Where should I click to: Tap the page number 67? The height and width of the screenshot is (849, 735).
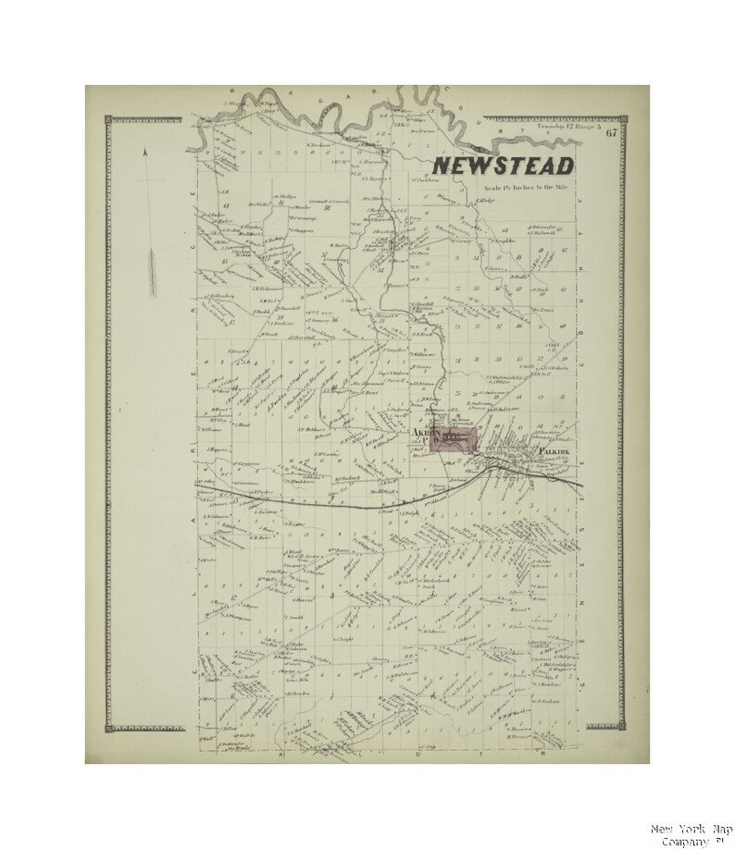[612, 131]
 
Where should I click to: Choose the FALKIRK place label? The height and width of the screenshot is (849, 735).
[553, 452]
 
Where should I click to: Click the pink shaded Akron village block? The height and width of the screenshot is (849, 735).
[450, 441]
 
